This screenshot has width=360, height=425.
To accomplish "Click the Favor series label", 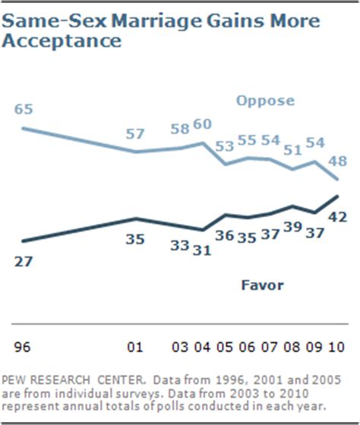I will [x=263, y=285].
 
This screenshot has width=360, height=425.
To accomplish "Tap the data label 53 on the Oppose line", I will [x=226, y=146].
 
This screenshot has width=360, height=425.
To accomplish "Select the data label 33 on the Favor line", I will [x=179, y=245].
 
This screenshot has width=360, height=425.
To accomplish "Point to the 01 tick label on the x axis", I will [x=135, y=348].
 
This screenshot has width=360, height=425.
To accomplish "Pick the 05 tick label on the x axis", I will [x=226, y=348].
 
